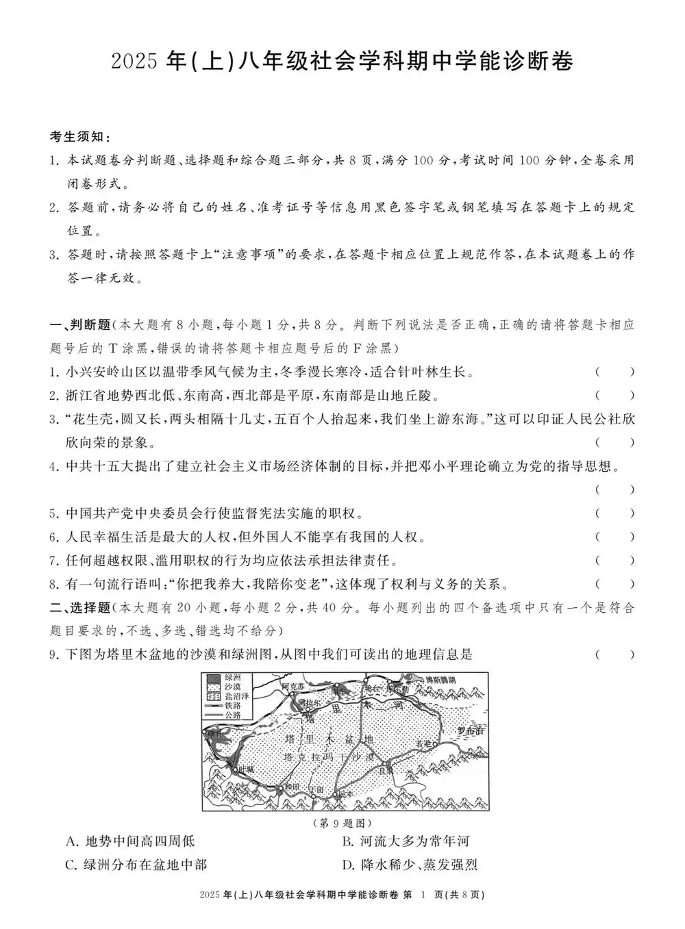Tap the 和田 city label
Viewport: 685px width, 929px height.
pyautogui.click(x=292, y=786)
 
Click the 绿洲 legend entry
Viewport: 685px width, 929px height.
pyautogui.click(x=223, y=676)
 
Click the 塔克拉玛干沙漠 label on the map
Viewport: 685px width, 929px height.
pyautogui.click(x=329, y=757)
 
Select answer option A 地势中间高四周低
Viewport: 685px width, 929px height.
pyautogui.click(x=130, y=841)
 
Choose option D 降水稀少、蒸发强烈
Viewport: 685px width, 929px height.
pyautogui.click(x=409, y=865)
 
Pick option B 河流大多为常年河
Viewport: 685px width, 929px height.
pyautogui.click(x=406, y=841)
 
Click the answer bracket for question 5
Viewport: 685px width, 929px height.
pyautogui.click(x=614, y=513)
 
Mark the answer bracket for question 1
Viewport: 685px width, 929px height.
pyautogui.click(x=614, y=372)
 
